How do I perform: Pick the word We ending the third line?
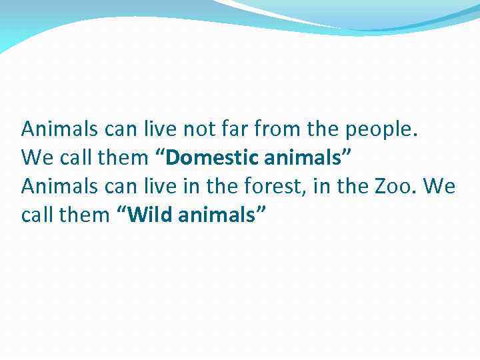pyautogui.click(x=439, y=187)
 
